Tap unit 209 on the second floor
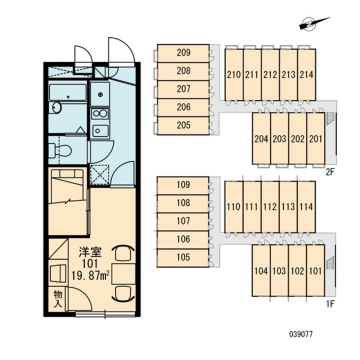(x=183, y=53)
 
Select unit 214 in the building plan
(x=306, y=75)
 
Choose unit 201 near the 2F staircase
(x=315, y=139)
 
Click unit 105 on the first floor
(x=183, y=258)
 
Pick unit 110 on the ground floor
(x=234, y=207)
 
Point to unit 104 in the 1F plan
(x=261, y=271)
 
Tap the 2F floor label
(x=330, y=172)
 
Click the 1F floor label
(x=330, y=304)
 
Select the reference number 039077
(x=301, y=334)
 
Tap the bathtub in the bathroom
(x=68, y=93)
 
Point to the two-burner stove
(x=100, y=114)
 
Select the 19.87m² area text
(x=90, y=276)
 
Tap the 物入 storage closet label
(x=58, y=299)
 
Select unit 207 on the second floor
(x=183, y=89)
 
